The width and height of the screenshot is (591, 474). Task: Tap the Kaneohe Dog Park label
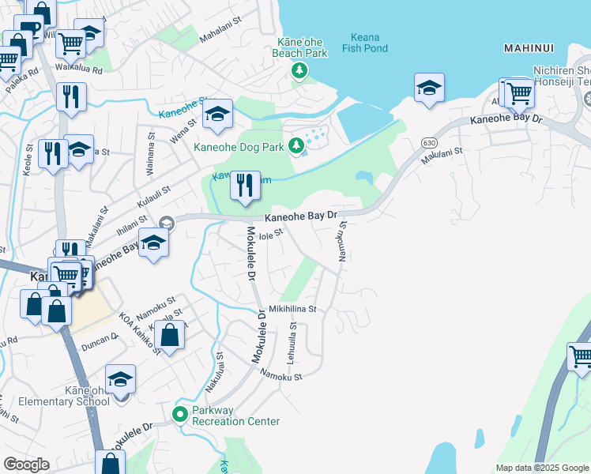(x=240, y=145)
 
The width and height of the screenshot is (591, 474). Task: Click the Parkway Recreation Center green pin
(x=180, y=413)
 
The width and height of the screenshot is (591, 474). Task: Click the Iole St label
(x=270, y=233)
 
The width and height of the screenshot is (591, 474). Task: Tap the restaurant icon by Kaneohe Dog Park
(x=245, y=186)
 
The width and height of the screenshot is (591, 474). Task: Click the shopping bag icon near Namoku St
(x=170, y=335)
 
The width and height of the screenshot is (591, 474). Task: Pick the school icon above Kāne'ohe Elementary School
(x=120, y=379)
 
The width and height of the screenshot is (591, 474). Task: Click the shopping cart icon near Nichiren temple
(x=519, y=93)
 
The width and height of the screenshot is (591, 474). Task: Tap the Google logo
(x=26, y=465)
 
